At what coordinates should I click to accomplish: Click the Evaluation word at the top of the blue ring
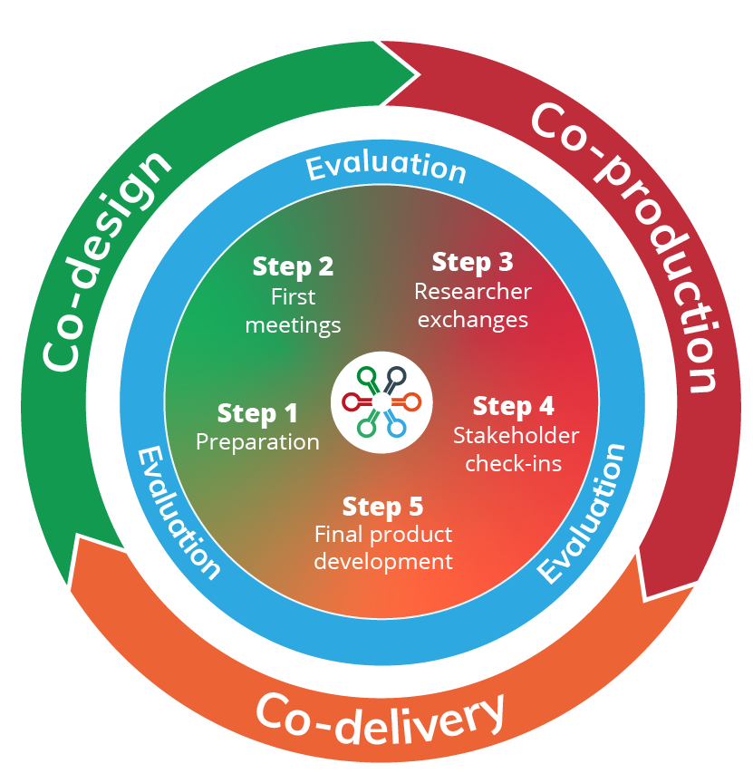pyautogui.click(x=385, y=168)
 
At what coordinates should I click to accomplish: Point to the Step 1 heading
pyautogui.click(x=257, y=414)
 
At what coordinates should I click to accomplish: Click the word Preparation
pyautogui.click(x=257, y=442)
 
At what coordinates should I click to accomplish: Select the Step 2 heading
pyautogui.click(x=293, y=266)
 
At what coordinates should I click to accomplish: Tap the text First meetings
pyautogui.click(x=293, y=310)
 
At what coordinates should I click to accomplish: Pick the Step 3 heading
pyautogui.click(x=472, y=263)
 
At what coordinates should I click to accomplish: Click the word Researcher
pyautogui.click(x=472, y=292)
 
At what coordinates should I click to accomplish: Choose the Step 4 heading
pyautogui.click(x=514, y=406)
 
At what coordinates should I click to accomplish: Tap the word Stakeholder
pyautogui.click(x=516, y=436)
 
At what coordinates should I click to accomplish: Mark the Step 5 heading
pyautogui.click(x=382, y=506)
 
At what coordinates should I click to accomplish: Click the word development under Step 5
pyautogui.click(x=382, y=562)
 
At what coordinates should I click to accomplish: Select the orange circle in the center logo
pyautogui.click(x=414, y=401)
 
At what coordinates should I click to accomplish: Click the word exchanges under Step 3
pyautogui.click(x=472, y=320)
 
